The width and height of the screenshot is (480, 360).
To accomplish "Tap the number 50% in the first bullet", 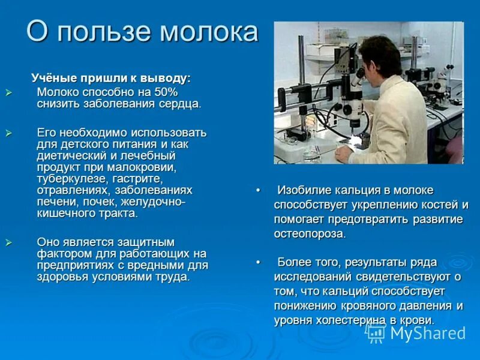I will click(x=165, y=92).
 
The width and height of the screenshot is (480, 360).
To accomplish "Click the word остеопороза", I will click(x=309, y=233).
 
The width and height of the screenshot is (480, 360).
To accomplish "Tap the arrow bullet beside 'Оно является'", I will click(x=8, y=242).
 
